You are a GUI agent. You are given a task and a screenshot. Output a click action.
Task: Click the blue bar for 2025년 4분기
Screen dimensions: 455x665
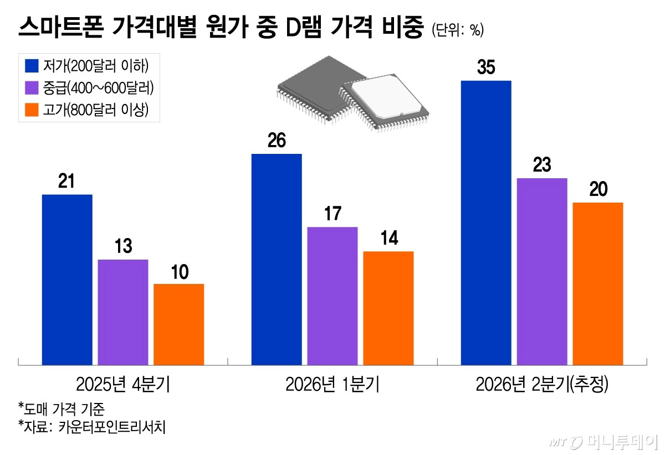coord(67,280)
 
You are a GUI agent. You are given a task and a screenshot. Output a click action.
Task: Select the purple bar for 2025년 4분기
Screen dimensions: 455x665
coord(123,312)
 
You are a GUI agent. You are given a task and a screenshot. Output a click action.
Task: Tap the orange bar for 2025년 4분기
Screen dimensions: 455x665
coord(178,324)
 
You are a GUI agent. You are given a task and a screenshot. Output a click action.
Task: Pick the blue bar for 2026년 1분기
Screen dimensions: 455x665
coord(277,259)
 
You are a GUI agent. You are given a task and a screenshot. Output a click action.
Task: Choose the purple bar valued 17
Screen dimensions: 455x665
coord(332,296)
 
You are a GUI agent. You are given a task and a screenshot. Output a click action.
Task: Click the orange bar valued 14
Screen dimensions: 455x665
coord(388,308)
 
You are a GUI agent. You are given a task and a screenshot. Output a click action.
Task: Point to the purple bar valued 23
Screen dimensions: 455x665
coord(542,271)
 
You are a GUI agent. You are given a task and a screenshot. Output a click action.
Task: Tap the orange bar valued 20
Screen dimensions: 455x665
coord(598,283)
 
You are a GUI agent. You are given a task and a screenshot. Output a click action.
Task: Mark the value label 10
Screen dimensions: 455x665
coord(178,272)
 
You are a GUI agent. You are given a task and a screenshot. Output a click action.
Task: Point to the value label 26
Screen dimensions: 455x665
coord(277,141)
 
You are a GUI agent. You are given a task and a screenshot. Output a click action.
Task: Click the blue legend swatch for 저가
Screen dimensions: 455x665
coord(31,65)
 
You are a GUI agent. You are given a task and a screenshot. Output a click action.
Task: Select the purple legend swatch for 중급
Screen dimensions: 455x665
coord(31,87)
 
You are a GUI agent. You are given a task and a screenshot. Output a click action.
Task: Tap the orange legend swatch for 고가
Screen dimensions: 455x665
coord(31,110)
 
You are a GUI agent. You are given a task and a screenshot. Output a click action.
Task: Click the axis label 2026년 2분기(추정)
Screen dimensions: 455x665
coord(542,384)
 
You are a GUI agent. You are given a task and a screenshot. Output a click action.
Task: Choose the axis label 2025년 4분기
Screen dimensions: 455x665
coord(123,384)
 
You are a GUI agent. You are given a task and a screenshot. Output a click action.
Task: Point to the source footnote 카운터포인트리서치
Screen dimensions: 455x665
coord(92,427)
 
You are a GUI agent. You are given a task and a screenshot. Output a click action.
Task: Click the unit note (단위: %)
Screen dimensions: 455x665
coord(457,30)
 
